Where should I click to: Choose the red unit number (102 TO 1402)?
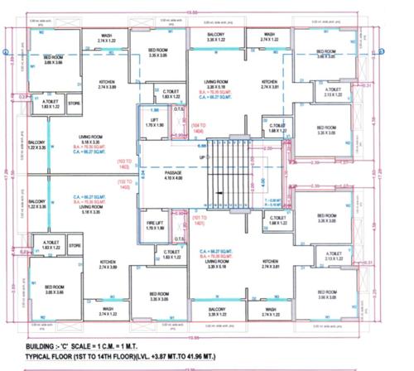(x=125, y=186)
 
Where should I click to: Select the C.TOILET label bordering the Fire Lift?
(x=172, y=253)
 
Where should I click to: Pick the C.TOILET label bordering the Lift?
(x=172, y=94)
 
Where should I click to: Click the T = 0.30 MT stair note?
(x=271, y=200)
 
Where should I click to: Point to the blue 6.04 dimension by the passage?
(x=143, y=176)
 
